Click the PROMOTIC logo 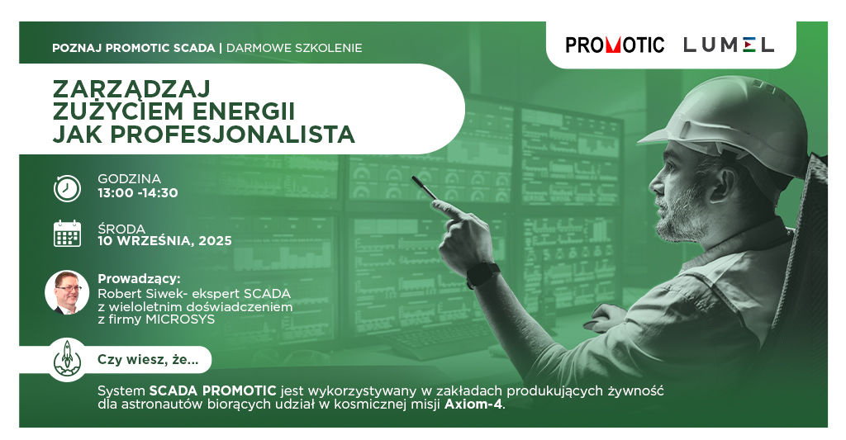tap(615, 45)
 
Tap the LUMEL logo tap(729, 45)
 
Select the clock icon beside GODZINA tap(67, 188)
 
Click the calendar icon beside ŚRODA tap(68, 234)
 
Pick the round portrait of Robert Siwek tap(67, 292)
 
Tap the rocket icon tap(67, 358)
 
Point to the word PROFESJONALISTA tap(232, 135)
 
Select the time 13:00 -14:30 tap(138, 193)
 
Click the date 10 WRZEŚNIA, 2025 tap(164, 241)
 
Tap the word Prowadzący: tap(139, 279)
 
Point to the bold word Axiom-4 tap(473, 404)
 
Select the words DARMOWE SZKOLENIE tap(294, 48)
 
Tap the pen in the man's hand tap(425, 187)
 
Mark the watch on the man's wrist tap(482, 275)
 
